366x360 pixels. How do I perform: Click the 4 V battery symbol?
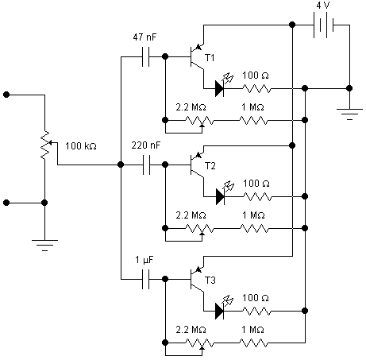[x=323, y=25]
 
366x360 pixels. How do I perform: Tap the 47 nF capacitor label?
[x=144, y=37]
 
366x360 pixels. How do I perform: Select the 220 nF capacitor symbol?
[x=146, y=165]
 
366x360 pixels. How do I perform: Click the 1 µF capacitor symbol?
[x=145, y=279]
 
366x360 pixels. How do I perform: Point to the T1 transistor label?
[x=210, y=57]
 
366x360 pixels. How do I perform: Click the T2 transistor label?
[x=210, y=166]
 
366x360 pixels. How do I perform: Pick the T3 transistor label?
[x=210, y=281]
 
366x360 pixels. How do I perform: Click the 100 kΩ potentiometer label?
[x=81, y=146]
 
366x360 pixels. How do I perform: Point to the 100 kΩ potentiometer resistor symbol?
[x=45, y=145]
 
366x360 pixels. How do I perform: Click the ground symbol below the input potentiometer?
[x=44, y=245]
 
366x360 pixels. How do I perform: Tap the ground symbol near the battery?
[x=349, y=114]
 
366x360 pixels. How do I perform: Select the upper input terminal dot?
[x=6, y=95]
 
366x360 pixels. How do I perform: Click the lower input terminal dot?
[x=6, y=203]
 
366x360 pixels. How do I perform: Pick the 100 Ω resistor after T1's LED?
[x=256, y=88]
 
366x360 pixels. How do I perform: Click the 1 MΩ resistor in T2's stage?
[x=254, y=228]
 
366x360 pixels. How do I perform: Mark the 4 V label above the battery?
[x=323, y=6]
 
